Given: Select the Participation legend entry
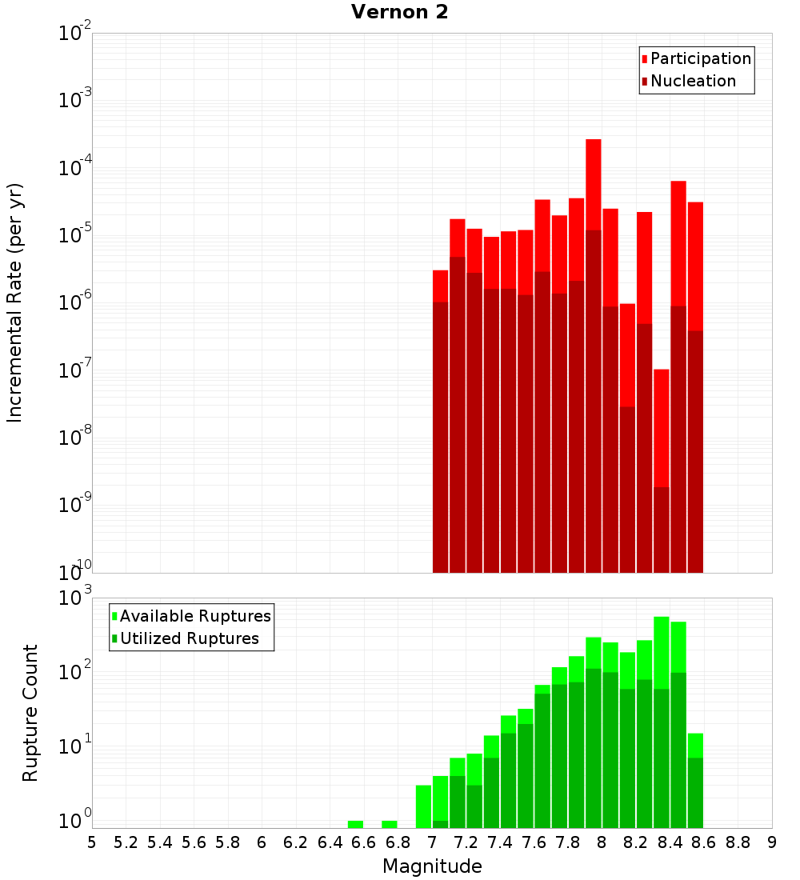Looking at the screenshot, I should point(700,58).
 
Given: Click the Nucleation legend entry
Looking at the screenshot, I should point(692,81).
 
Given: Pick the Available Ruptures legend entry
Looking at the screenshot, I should point(194,616).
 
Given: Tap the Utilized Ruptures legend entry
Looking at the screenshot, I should point(189,638).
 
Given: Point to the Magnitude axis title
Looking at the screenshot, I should point(432,866).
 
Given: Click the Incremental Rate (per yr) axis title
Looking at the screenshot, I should point(15,302).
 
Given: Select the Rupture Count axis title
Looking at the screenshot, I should point(30,713).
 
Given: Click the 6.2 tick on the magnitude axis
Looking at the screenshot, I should point(295,842).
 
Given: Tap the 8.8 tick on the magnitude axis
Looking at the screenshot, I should point(738,842).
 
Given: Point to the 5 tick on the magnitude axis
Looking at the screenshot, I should point(92,842).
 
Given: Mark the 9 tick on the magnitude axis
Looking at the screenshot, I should point(772,842).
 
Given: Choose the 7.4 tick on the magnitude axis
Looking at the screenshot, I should point(500,842).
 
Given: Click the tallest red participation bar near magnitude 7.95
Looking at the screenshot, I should point(594,184).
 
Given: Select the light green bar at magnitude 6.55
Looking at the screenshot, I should point(355,824).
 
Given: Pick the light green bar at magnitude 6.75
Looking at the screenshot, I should point(390,824).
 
